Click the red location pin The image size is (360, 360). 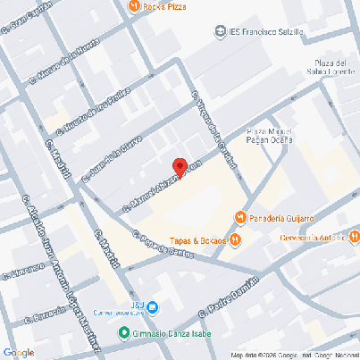click(179, 167)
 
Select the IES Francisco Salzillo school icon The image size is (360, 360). click(221, 32)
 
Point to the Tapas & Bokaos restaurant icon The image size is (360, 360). click(234, 239)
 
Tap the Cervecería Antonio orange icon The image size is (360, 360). click(355, 238)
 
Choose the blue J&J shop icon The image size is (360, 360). click(153, 307)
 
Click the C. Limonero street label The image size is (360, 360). click(23, 271)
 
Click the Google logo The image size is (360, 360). click(18, 351)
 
